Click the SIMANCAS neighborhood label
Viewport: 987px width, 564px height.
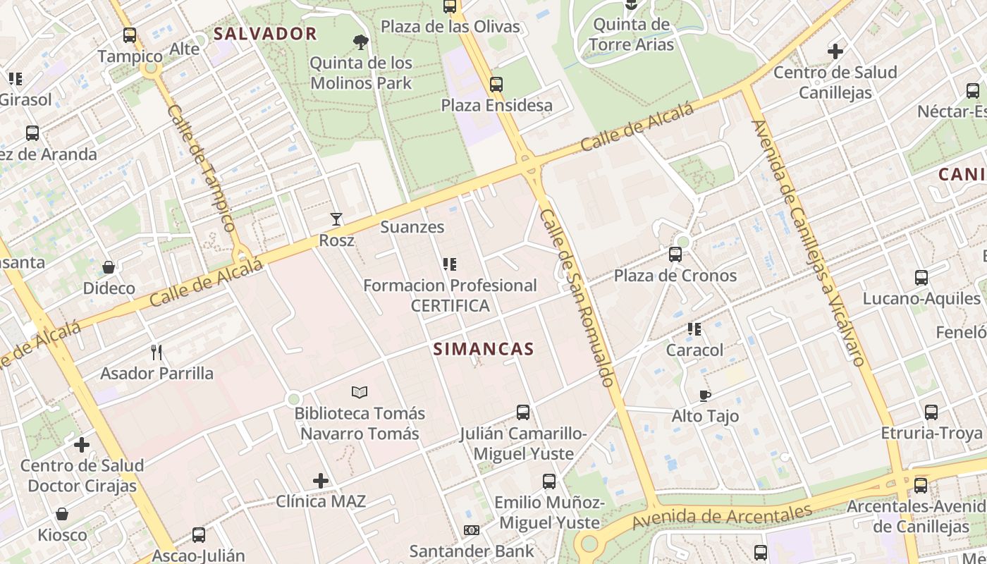pyautogui.click(x=483, y=349)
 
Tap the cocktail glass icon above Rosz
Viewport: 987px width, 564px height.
pyautogui.click(x=336, y=219)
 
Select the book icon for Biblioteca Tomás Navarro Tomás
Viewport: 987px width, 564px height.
pyautogui.click(x=360, y=392)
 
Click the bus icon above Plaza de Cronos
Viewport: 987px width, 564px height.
pyautogui.click(x=675, y=255)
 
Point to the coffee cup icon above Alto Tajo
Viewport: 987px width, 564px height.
pyautogui.click(x=704, y=396)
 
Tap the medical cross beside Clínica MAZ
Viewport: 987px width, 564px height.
pyautogui.click(x=321, y=481)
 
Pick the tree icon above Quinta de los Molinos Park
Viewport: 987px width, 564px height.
pyautogui.click(x=361, y=42)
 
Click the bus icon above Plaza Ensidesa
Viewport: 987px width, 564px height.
pyautogui.click(x=496, y=85)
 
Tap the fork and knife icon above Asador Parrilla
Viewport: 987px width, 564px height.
pyautogui.click(x=157, y=352)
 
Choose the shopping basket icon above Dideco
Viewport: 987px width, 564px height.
pyautogui.click(x=109, y=267)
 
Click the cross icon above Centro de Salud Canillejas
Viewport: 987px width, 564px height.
pyautogui.click(x=835, y=51)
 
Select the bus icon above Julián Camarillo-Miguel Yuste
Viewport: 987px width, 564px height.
pyautogui.click(x=522, y=412)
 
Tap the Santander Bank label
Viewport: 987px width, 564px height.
pyautogui.click(x=472, y=551)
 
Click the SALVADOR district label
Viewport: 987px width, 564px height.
pyautogui.click(x=265, y=33)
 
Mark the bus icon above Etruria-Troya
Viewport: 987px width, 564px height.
pyautogui.click(x=931, y=412)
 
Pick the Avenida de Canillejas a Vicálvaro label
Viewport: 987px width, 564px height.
pyautogui.click(x=808, y=243)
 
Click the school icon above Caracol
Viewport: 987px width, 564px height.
pyautogui.click(x=694, y=329)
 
